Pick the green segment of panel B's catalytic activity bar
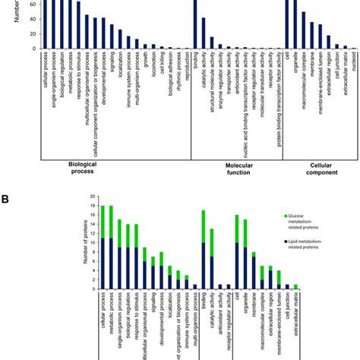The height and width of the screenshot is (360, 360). point(212,242)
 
